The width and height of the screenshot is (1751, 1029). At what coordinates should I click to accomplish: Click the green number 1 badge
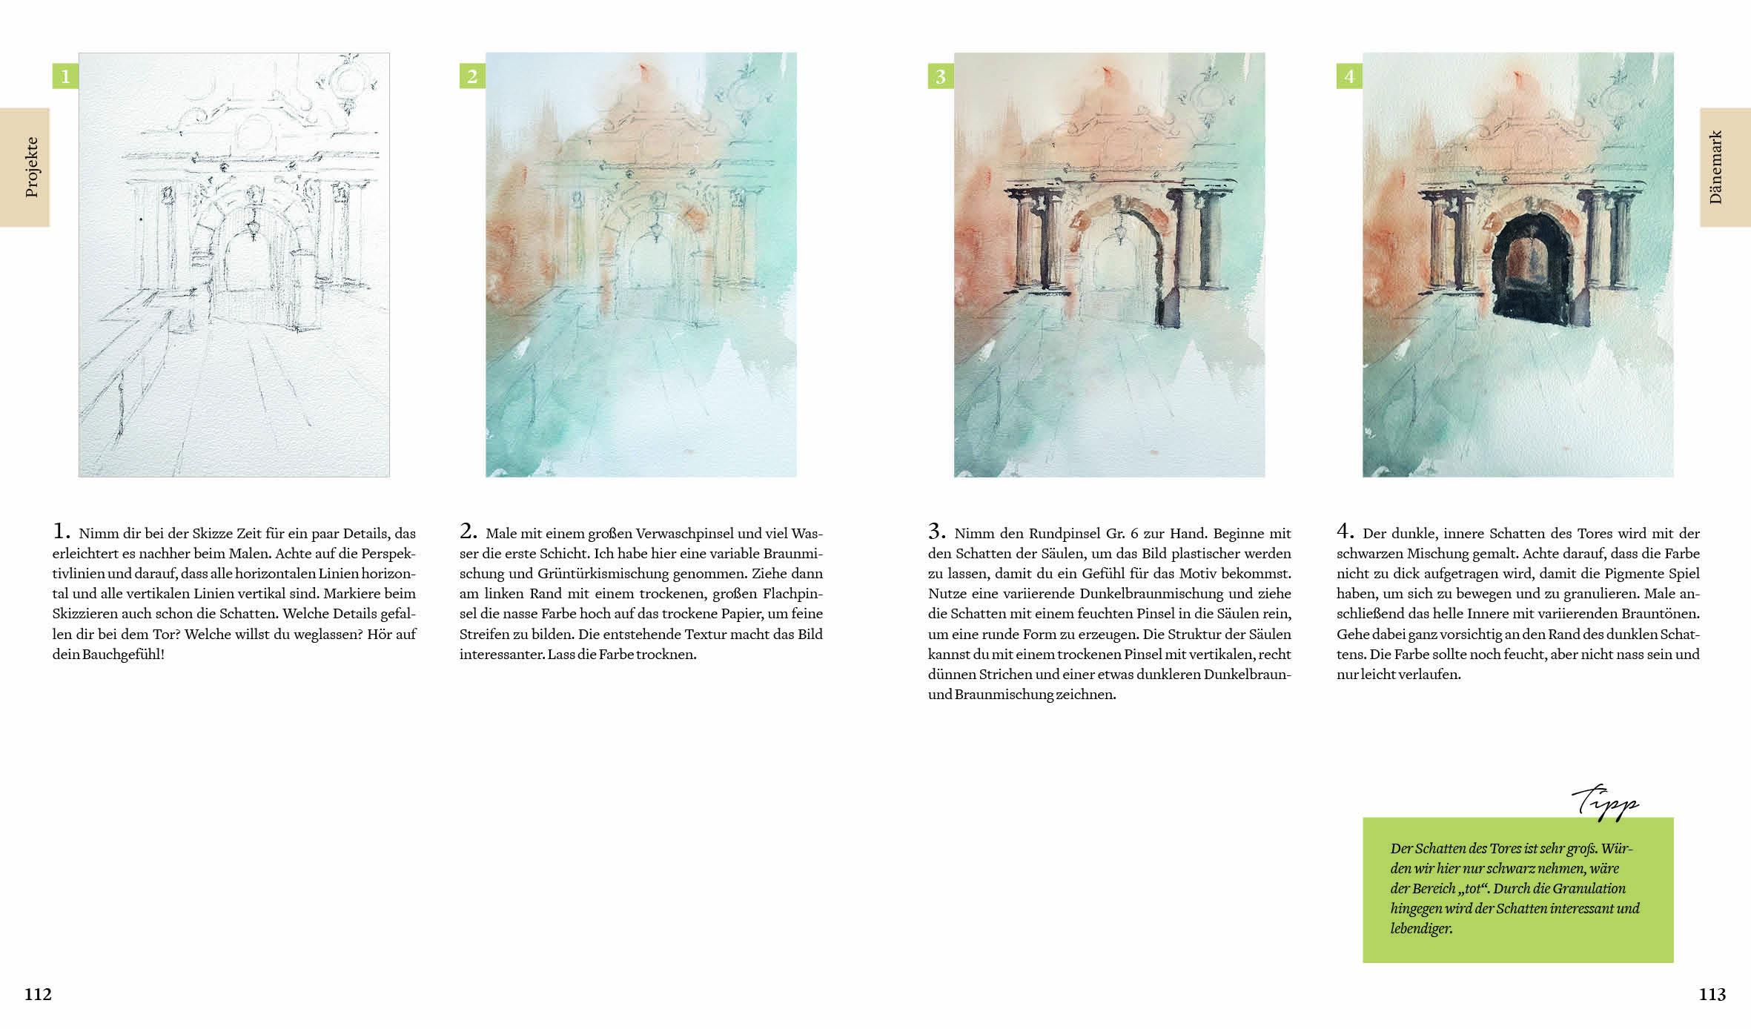65,76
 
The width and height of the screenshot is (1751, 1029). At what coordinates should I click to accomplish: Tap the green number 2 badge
472,76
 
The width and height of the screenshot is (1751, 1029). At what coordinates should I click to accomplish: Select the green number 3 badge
941,76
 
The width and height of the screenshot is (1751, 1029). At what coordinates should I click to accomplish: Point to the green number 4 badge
1349,76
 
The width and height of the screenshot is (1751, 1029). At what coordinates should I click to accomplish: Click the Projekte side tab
24,167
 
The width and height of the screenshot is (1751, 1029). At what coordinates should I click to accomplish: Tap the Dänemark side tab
1725,167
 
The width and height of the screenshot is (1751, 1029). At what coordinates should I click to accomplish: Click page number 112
38,994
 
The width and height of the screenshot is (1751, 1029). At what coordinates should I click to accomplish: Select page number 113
1712,994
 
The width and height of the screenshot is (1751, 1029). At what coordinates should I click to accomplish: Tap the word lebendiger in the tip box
1421,928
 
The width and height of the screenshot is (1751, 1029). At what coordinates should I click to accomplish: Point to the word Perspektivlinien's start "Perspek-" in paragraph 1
388,554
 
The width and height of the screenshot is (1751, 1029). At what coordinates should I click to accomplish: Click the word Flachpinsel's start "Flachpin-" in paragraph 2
792,594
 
